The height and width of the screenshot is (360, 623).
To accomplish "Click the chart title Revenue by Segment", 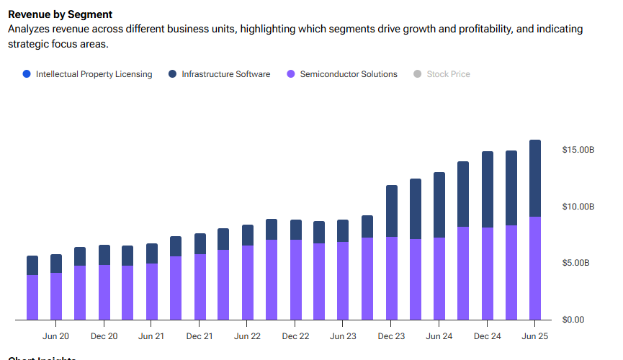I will pyautogui.click(x=60, y=14).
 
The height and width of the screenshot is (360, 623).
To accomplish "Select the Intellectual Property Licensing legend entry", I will pyautogui.click(x=94, y=74).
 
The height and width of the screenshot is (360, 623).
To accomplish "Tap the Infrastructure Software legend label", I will pyautogui.click(x=225, y=74).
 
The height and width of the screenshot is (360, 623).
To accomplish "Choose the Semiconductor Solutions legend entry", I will pyautogui.click(x=348, y=74).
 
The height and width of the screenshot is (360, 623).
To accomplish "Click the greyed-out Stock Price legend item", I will pyautogui.click(x=448, y=74).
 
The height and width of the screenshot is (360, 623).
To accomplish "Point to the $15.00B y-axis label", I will pyautogui.click(x=578, y=150).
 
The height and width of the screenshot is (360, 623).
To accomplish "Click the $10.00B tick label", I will pyautogui.click(x=578, y=207).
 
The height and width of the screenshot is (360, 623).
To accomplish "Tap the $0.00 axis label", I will pyautogui.click(x=573, y=320).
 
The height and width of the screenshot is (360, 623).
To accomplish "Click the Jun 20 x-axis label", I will pyautogui.click(x=56, y=336).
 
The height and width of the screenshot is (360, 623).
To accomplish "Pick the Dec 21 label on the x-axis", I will pyautogui.click(x=200, y=336).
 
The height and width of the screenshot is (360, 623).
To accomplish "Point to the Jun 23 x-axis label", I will pyautogui.click(x=343, y=336).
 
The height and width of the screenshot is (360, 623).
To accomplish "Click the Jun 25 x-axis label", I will pyautogui.click(x=534, y=336).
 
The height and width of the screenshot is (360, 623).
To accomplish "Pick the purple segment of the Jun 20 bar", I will pyautogui.click(x=56, y=297).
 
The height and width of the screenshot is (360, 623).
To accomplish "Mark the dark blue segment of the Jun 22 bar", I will pyautogui.click(x=247, y=235).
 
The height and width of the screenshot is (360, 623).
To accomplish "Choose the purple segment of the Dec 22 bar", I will pyautogui.click(x=295, y=280).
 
